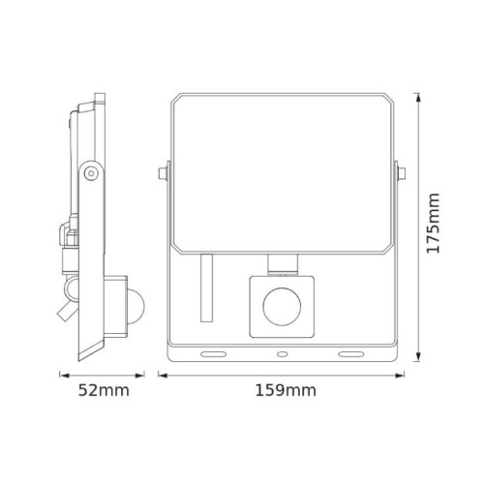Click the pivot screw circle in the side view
[x=90, y=172]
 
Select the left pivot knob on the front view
[x=161, y=175]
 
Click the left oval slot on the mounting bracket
[x=207, y=354]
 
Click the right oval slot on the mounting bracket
[x=348, y=354]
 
